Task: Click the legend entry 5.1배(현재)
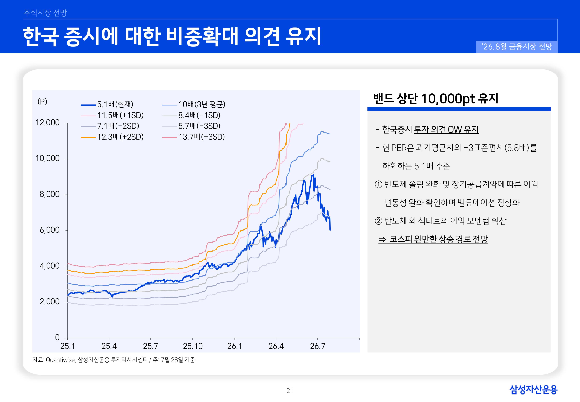(x=107, y=104)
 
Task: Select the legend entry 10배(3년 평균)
(x=194, y=104)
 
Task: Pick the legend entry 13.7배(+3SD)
(x=193, y=137)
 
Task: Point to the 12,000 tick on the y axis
(x=47, y=123)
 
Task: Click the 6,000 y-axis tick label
(x=50, y=230)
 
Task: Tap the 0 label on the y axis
(x=57, y=337)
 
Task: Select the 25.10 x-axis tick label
(x=193, y=346)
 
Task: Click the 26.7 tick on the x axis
(x=317, y=346)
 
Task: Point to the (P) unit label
(x=42, y=101)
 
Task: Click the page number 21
(x=290, y=391)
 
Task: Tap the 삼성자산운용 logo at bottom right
(x=533, y=389)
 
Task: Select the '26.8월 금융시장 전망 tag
(x=517, y=47)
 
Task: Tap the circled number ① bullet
(x=378, y=185)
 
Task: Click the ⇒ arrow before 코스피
(x=382, y=239)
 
